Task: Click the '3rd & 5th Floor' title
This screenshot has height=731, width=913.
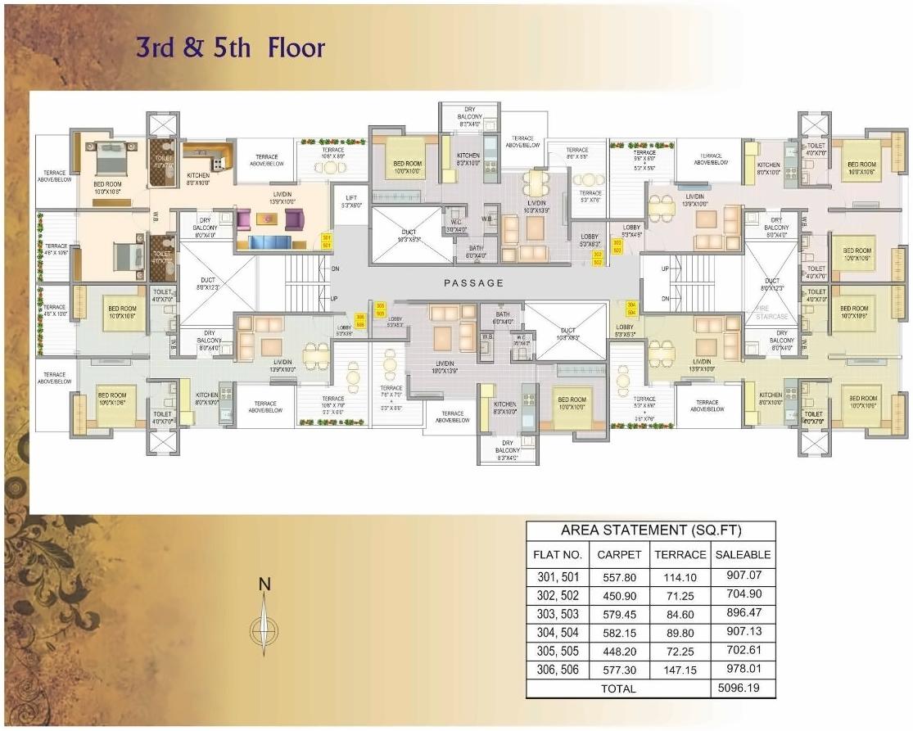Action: click(230, 47)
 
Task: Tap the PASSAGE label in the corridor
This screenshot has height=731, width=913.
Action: click(474, 282)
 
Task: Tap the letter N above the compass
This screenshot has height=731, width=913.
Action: click(264, 584)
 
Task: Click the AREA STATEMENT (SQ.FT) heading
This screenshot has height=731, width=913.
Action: click(650, 530)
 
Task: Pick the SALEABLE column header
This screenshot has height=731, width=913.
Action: click(743, 554)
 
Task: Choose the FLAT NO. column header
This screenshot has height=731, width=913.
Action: click(558, 554)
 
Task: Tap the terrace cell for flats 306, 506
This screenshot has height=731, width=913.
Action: click(680, 670)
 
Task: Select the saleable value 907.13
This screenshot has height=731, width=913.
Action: click(743, 633)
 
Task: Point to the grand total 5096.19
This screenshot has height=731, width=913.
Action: click(743, 688)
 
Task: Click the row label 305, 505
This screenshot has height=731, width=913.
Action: click(558, 652)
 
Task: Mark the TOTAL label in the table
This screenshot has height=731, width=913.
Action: click(618, 688)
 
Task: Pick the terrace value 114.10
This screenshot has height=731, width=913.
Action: click(680, 577)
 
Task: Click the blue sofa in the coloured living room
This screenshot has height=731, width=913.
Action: click(269, 241)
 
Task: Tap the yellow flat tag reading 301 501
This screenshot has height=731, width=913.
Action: click(327, 241)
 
